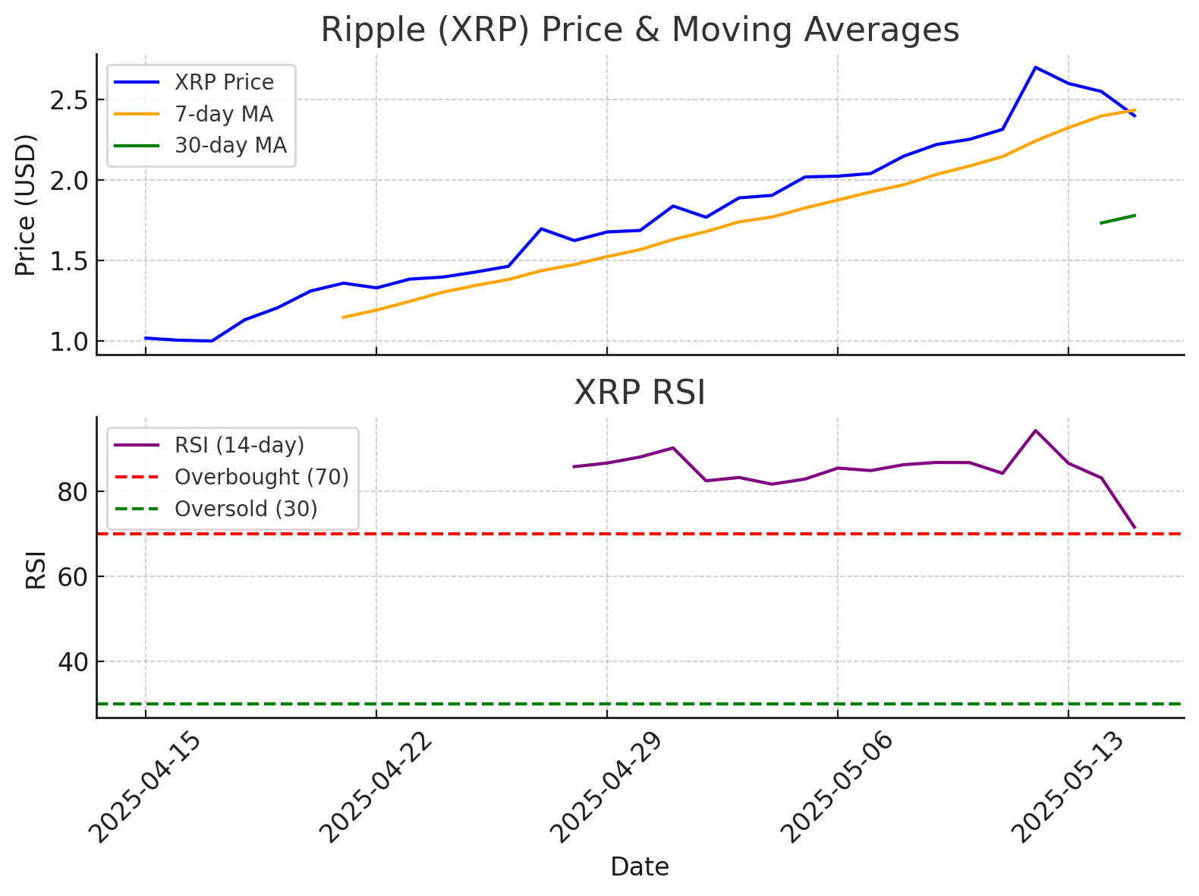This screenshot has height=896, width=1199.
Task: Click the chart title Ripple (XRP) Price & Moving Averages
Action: click(x=640, y=30)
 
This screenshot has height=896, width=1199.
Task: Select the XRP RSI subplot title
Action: click(x=640, y=393)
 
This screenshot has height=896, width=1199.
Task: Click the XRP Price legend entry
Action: click(x=224, y=82)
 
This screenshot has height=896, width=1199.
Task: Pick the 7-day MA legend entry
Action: click(x=223, y=114)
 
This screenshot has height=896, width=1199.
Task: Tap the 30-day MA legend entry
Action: click(x=230, y=145)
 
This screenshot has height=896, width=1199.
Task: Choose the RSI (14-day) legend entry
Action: click(x=239, y=445)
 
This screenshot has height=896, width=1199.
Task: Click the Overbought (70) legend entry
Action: click(x=261, y=477)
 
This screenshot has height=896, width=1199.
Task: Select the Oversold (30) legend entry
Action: click(x=246, y=509)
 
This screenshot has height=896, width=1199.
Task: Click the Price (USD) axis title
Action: click(x=27, y=205)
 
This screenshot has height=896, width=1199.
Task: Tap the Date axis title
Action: click(x=640, y=867)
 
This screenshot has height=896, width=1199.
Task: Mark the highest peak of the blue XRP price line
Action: click(x=1036, y=68)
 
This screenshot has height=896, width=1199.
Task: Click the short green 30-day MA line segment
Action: click(x=1118, y=219)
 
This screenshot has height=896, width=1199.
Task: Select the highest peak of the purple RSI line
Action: click(x=1036, y=431)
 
